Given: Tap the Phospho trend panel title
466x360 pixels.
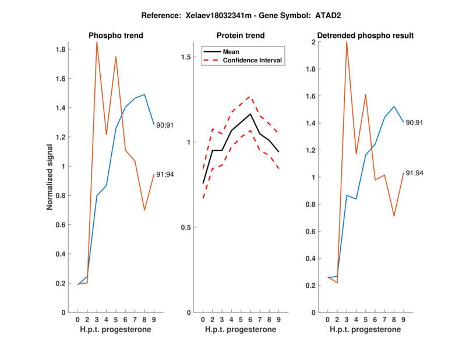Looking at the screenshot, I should pos(116,36).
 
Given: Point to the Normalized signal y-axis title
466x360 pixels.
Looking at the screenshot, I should pos(51,177).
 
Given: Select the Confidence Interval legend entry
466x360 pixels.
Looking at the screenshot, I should pos(253,60).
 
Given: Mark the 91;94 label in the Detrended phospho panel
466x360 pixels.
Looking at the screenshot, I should pos(415,172).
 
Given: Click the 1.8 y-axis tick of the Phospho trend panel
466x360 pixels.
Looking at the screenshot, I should pos(61,50).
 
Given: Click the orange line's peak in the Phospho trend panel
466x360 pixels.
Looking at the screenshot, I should pos(97,43).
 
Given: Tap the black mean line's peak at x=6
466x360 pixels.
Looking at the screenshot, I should pos(250,114).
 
